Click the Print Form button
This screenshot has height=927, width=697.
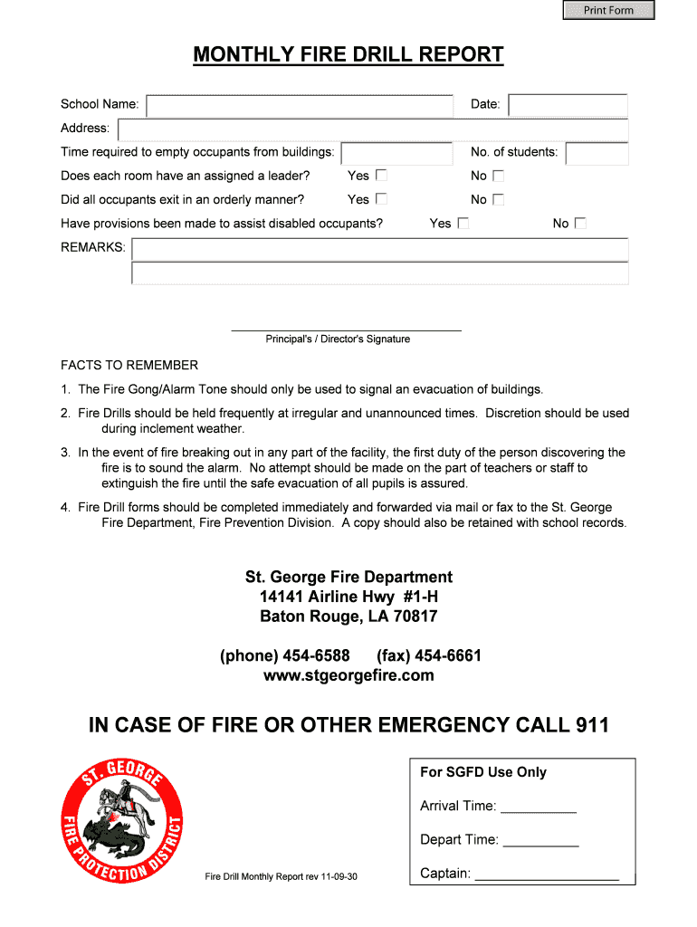click(608, 10)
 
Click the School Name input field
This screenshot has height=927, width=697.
click(300, 106)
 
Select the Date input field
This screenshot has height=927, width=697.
click(568, 106)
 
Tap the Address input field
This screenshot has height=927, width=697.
click(373, 129)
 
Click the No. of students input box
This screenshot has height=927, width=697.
click(597, 153)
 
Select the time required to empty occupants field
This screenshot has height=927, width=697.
click(396, 153)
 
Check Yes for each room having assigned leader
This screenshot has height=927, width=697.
click(382, 176)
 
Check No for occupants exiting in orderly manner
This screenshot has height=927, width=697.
click(498, 199)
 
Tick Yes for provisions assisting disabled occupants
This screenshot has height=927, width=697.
click(463, 223)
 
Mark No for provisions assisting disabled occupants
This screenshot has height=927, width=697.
click(581, 223)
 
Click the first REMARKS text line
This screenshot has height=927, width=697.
click(380, 249)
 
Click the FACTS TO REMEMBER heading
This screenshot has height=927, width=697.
click(129, 365)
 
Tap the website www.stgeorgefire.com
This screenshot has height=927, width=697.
click(348, 675)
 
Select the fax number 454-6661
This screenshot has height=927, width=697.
click(447, 655)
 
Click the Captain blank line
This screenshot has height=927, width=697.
click(547, 875)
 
